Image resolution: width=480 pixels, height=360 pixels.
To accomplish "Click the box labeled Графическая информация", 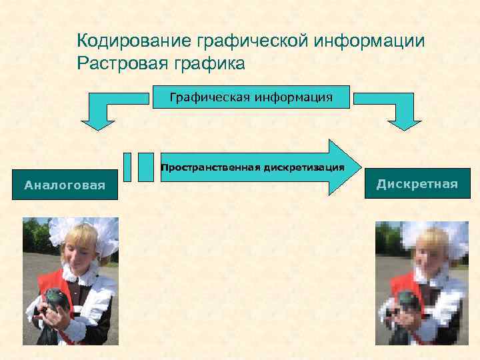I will click(x=251, y=97).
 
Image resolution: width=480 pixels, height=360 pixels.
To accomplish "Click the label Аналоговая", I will click(x=65, y=185).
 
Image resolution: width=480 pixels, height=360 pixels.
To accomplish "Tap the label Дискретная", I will click(x=417, y=184).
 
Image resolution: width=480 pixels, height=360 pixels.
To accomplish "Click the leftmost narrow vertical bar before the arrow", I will click(x=129, y=167).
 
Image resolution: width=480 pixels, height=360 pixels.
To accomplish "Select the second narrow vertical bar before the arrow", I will click(x=145, y=167).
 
